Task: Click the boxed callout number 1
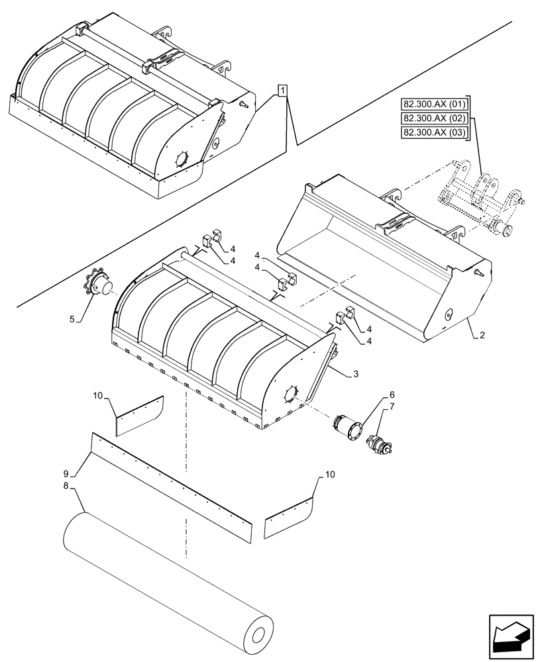(283, 91)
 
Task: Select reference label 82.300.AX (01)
(435, 103)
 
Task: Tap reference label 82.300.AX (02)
(435, 118)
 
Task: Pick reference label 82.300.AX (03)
(435, 133)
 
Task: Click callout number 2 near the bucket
(482, 336)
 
